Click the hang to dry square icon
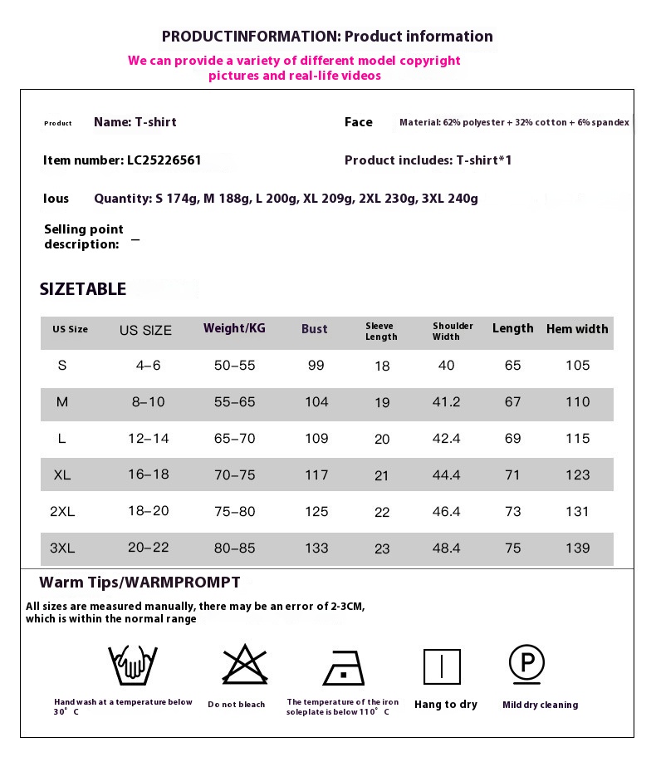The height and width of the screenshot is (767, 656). (x=442, y=666)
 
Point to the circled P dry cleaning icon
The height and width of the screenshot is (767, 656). (x=526, y=664)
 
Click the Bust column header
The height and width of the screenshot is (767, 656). (x=314, y=329)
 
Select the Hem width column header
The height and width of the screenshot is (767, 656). (x=577, y=329)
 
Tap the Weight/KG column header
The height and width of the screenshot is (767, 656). (x=234, y=328)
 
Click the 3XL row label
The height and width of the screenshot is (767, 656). (x=62, y=548)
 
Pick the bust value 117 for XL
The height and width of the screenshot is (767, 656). (x=316, y=475)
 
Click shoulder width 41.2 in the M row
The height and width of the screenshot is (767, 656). (x=446, y=402)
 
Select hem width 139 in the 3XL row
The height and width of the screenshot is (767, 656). (x=577, y=548)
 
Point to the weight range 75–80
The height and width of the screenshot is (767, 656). (x=235, y=512)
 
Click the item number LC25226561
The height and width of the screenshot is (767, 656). (x=164, y=160)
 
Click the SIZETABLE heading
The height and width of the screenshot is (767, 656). (x=83, y=289)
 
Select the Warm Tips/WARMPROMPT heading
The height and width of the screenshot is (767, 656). (x=140, y=583)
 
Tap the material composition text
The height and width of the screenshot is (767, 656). (x=514, y=123)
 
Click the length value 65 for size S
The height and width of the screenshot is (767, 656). (x=513, y=366)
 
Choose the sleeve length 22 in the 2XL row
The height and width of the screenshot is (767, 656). (x=382, y=513)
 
